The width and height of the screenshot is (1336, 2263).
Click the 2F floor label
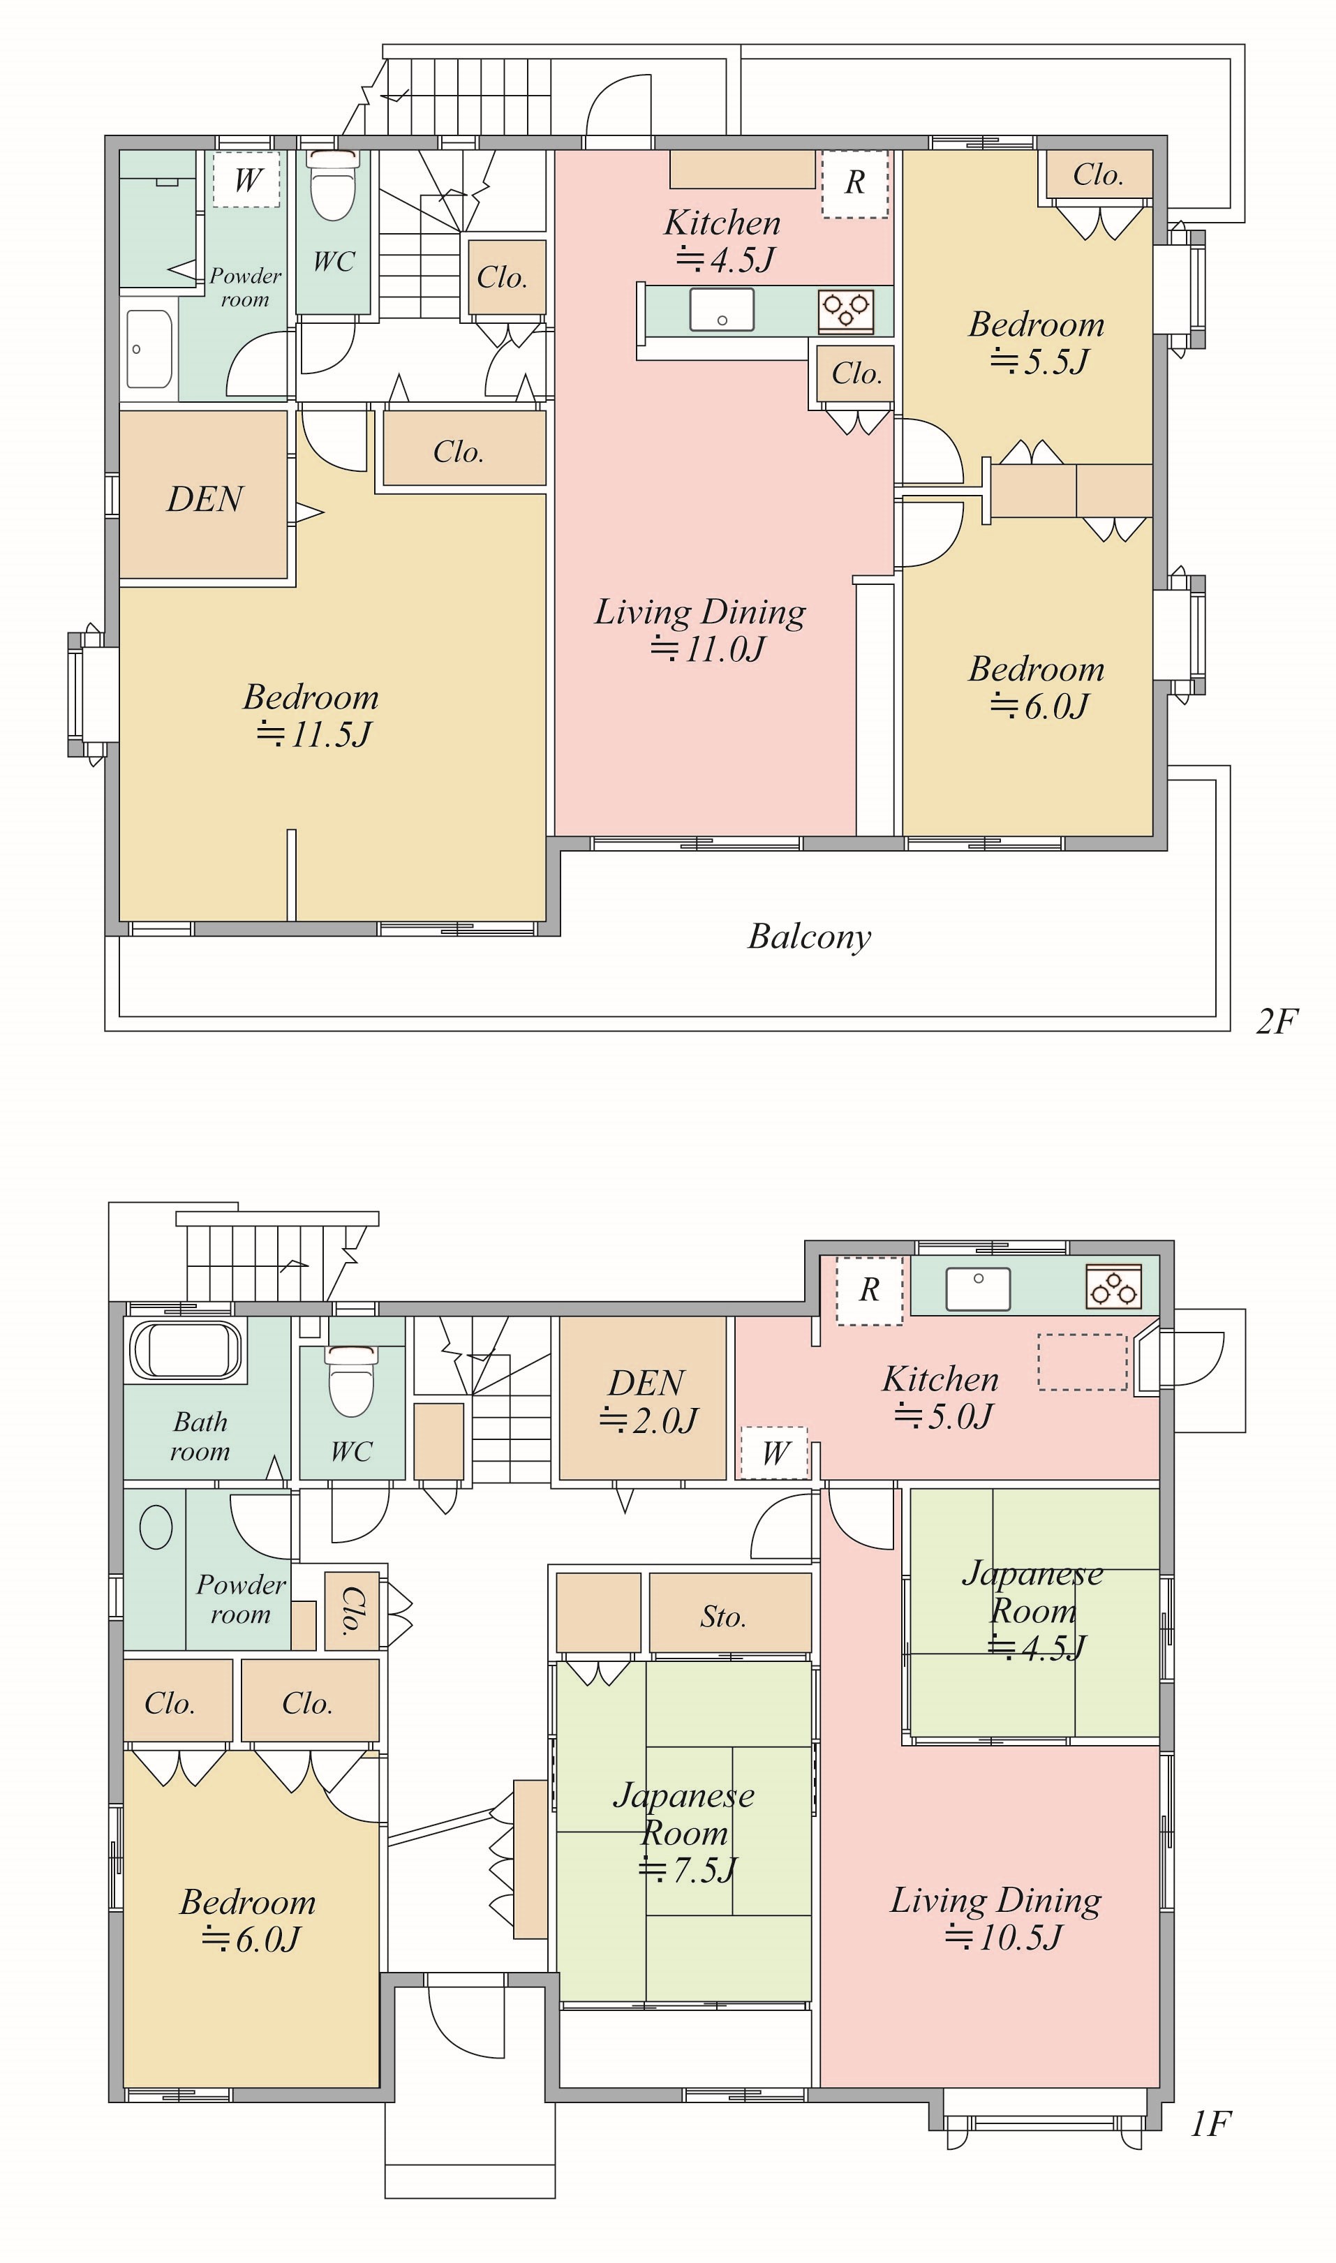pyautogui.click(x=1277, y=1022)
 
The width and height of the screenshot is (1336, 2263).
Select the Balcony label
pyautogui.click(x=809, y=937)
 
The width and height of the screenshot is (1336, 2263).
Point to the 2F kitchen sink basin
pyautogui.click(x=722, y=310)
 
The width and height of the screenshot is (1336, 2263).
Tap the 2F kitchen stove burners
pyautogui.click(x=846, y=311)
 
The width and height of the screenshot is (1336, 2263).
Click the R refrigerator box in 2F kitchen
pyautogui.click(x=855, y=184)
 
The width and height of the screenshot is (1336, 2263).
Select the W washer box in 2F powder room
pyautogui.click(x=246, y=179)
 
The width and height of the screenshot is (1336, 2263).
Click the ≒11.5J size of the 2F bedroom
pyautogui.click(x=313, y=734)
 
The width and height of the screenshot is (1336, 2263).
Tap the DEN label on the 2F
pyautogui.click(x=205, y=498)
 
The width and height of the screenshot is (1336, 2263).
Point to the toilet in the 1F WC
pyautogui.click(x=351, y=1381)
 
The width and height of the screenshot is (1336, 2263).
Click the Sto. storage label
pyautogui.click(x=723, y=1617)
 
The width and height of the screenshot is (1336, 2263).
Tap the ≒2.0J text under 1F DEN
pyautogui.click(x=648, y=1420)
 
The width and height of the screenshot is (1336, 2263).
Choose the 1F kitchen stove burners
pyautogui.click(x=1115, y=1287)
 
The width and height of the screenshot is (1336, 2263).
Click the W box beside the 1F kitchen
pyautogui.click(x=775, y=1453)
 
